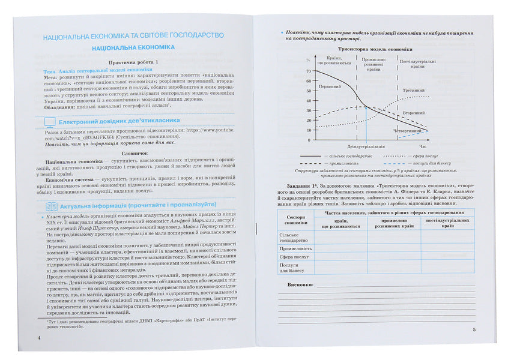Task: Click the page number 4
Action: tap(39, 337)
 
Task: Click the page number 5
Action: tap(473, 330)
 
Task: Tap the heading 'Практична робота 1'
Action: tap(132, 62)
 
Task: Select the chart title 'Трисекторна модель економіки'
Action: tap(375, 49)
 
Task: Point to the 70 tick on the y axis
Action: tap(309, 71)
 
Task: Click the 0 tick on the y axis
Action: tap(309, 140)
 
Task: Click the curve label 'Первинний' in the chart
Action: tap(330, 86)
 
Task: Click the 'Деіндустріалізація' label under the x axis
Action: tap(366, 146)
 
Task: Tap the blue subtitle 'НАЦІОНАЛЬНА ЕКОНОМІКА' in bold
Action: tap(133, 47)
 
